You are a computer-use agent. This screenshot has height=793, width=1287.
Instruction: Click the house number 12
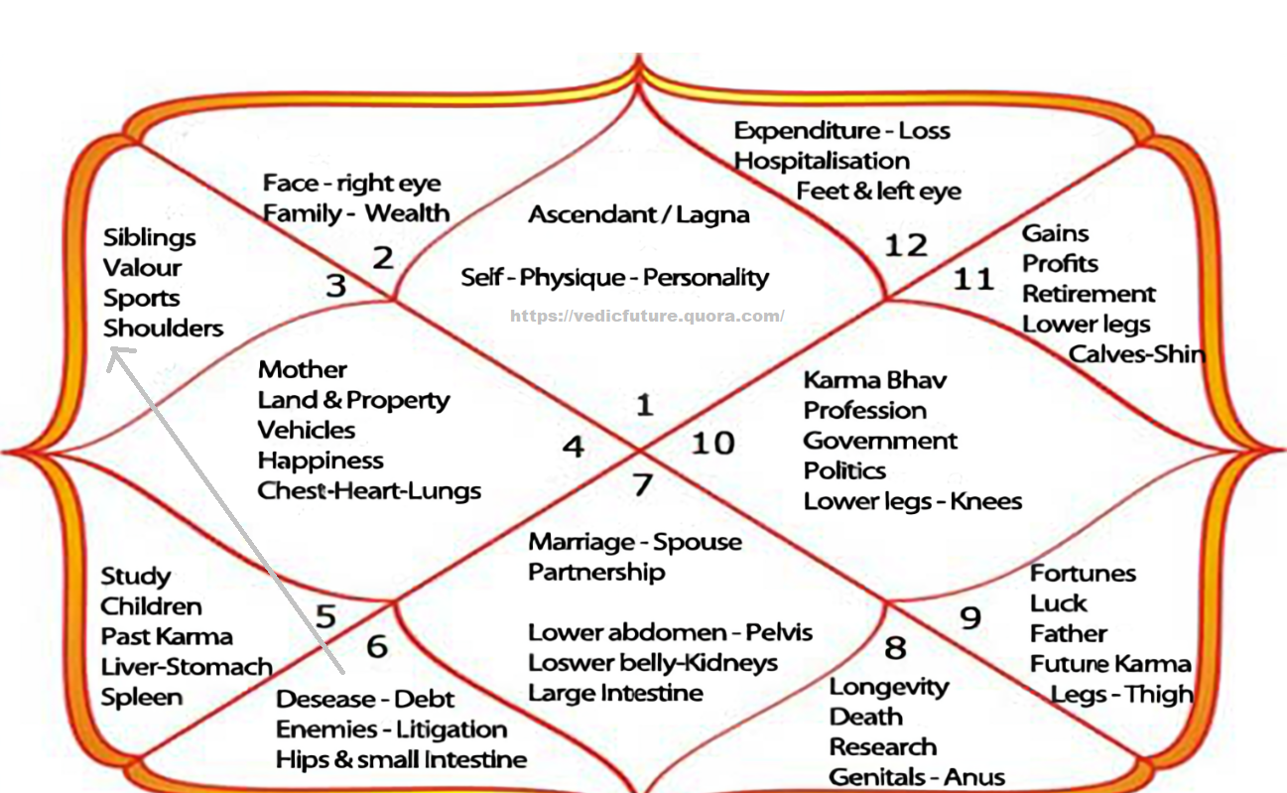coord(905,244)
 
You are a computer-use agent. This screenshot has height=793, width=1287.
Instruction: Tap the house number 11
coord(972,279)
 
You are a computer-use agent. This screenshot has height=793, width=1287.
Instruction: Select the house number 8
coord(895,648)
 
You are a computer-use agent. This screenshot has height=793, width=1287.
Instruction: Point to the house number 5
coord(326,616)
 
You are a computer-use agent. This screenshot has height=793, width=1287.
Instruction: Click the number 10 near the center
coord(711,442)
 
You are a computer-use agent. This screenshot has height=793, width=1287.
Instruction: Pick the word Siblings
coord(150,238)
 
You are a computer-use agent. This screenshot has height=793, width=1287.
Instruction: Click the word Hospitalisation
coord(822,161)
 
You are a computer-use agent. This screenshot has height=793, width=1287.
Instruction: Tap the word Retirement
coord(1089,295)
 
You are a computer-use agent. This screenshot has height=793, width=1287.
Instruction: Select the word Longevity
coord(889,687)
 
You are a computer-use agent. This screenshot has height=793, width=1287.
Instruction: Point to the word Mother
coord(303,370)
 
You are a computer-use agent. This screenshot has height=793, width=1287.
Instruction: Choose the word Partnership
coord(596,573)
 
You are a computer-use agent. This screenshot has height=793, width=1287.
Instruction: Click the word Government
coord(880,441)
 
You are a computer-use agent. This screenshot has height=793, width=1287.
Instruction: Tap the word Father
coord(1068,633)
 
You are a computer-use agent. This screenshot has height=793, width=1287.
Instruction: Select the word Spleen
coord(142,698)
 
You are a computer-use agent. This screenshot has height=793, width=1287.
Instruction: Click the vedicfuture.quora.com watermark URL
coord(647,317)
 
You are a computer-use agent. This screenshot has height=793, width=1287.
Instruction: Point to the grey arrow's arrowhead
coord(117,352)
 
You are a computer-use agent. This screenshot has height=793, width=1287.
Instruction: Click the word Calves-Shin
coord(1136,354)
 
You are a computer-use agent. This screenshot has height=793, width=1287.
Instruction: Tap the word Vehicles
coord(307,430)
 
